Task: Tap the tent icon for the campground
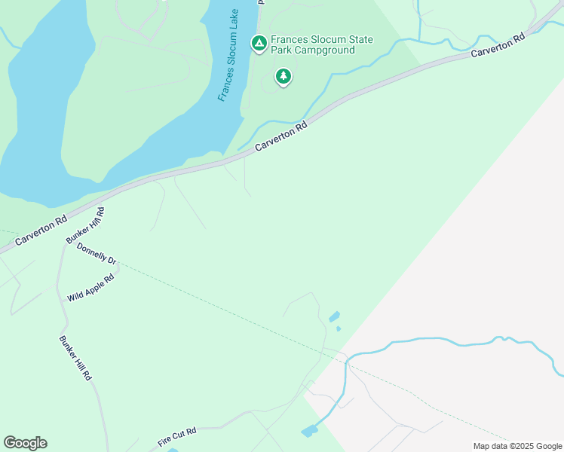click(x=259, y=44)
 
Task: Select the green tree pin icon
click(x=283, y=76)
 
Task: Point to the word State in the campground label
click(x=361, y=40)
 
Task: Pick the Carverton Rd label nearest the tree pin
click(x=282, y=137)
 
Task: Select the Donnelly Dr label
click(x=97, y=254)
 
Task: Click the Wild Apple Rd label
click(x=90, y=288)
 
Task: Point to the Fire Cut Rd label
click(x=177, y=436)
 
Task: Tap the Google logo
click(x=25, y=443)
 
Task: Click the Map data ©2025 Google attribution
click(x=517, y=446)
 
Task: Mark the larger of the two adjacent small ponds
click(x=334, y=317)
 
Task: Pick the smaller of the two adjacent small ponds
click(x=339, y=328)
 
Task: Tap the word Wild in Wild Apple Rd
click(x=75, y=295)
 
